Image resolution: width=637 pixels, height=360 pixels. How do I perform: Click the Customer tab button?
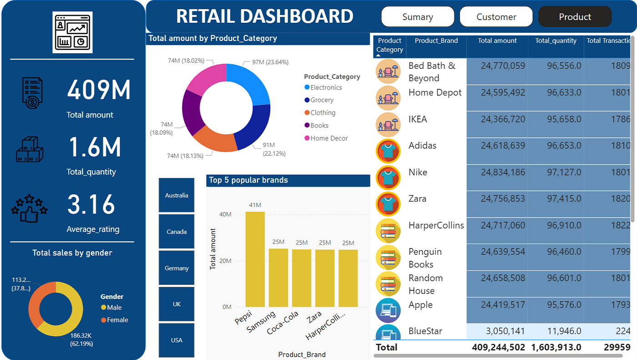tap(496, 17)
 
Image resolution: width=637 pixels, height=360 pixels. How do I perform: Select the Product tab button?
tap(575, 17)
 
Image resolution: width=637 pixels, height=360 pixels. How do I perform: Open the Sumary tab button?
tap(417, 17)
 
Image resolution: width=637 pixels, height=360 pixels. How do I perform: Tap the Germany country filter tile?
tap(177, 268)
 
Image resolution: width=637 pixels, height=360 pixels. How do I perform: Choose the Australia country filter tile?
tap(177, 195)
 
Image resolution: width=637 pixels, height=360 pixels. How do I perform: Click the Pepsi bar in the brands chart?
tap(255, 259)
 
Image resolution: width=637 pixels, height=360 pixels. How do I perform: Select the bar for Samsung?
tap(278, 277)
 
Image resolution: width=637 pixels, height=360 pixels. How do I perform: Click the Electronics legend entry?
tap(326, 87)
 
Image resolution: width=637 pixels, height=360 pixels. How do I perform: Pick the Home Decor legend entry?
tap(329, 138)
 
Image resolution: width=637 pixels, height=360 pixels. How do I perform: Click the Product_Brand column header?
tap(436, 41)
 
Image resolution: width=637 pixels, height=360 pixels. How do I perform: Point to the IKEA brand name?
tap(418, 119)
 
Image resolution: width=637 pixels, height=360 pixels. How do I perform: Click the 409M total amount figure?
tap(99, 90)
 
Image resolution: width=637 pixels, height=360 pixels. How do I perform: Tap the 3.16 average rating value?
tap(91, 205)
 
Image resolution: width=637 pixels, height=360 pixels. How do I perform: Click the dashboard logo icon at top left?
tap(72, 32)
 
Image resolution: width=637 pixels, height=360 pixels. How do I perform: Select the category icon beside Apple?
tap(388, 310)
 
